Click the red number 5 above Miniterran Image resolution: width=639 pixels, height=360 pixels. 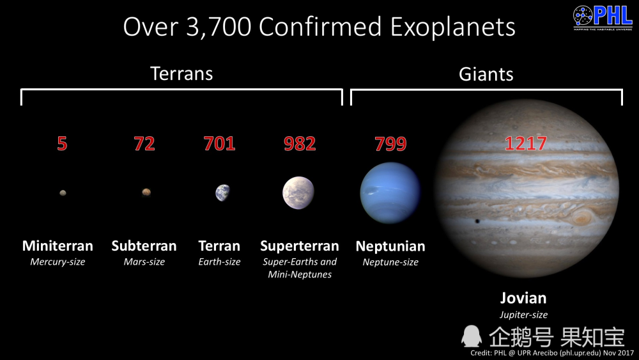click(x=62, y=143)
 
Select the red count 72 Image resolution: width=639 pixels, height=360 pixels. click(x=144, y=143)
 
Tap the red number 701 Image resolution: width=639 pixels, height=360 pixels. click(x=219, y=143)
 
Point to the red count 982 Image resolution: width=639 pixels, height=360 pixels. click(x=300, y=143)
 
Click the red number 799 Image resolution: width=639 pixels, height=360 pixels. click(x=390, y=143)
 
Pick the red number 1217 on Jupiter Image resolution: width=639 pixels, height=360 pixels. click(x=525, y=143)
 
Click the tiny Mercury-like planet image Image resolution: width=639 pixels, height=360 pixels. click(x=63, y=193)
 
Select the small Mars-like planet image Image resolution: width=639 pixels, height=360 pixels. click(x=146, y=192)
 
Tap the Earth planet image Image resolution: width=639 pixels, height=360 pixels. click(x=222, y=193)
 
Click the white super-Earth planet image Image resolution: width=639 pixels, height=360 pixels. click(x=298, y=193)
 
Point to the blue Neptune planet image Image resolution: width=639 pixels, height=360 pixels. click(x=390, y=193)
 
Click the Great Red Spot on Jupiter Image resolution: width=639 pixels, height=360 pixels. click(x=582, y=217)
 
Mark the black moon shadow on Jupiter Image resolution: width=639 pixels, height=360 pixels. click(x=477, y=221)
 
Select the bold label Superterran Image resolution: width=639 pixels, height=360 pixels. click(x=300, y=246)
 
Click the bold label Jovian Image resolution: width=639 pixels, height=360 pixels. click(x=523, y=298)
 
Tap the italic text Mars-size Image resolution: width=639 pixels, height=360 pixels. click(x=144, y=262)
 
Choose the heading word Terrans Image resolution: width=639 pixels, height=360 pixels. click(x=181, y=74)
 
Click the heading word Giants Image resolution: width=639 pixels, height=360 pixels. click(x=486, y=74)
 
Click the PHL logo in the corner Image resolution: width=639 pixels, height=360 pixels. click(x=603, y=17)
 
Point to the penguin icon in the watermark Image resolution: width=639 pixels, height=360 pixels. click(x=472, y=337)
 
